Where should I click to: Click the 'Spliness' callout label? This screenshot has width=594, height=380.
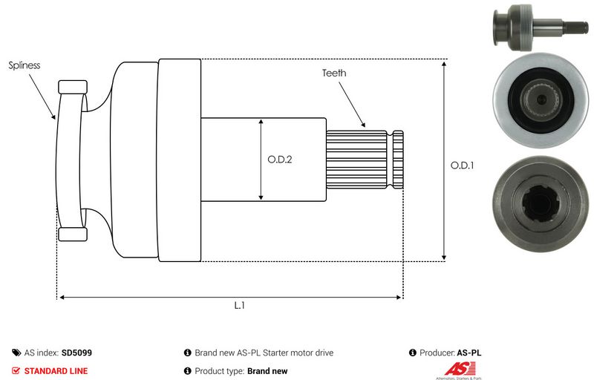pos(25,65)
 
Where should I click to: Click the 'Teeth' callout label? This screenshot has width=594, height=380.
pos(334,73)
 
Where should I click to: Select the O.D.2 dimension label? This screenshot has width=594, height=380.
pos(280,159)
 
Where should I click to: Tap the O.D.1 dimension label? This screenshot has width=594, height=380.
pos(462,166)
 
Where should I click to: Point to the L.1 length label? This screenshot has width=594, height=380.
pos(240,305)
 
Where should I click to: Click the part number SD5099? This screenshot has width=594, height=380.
pos(76,353)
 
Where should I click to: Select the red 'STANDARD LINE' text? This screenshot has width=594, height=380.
pos(56,370)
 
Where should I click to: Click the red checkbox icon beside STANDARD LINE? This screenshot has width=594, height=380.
pos(16,370)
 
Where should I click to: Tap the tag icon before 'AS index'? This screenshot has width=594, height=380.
pos(16,353)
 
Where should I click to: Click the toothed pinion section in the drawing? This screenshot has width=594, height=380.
pos(357,159)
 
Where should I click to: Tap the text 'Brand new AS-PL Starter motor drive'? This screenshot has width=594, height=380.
pos(264,353)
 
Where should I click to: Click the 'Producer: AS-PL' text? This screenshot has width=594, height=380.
pos(450,353)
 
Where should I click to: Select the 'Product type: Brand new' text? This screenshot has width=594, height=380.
pos(241,370)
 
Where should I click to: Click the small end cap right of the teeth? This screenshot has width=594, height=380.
pos(398,159)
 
